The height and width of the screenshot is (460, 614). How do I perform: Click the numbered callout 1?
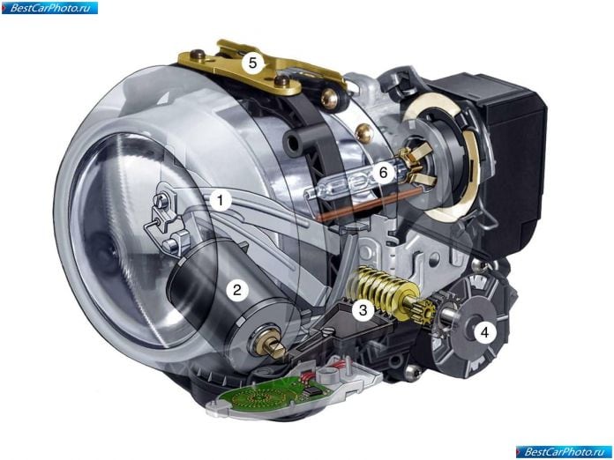click(221, 201)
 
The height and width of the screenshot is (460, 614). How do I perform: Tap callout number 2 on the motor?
click(237, 290)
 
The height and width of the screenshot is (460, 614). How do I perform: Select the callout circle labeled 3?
click(363, 310)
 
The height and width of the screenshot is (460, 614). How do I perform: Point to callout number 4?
click(485, 332)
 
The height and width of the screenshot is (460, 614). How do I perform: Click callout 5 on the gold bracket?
click(252, 63)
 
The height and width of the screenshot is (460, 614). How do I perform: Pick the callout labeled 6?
click(384, 172)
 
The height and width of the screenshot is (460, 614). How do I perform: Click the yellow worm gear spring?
click(378, 286)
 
